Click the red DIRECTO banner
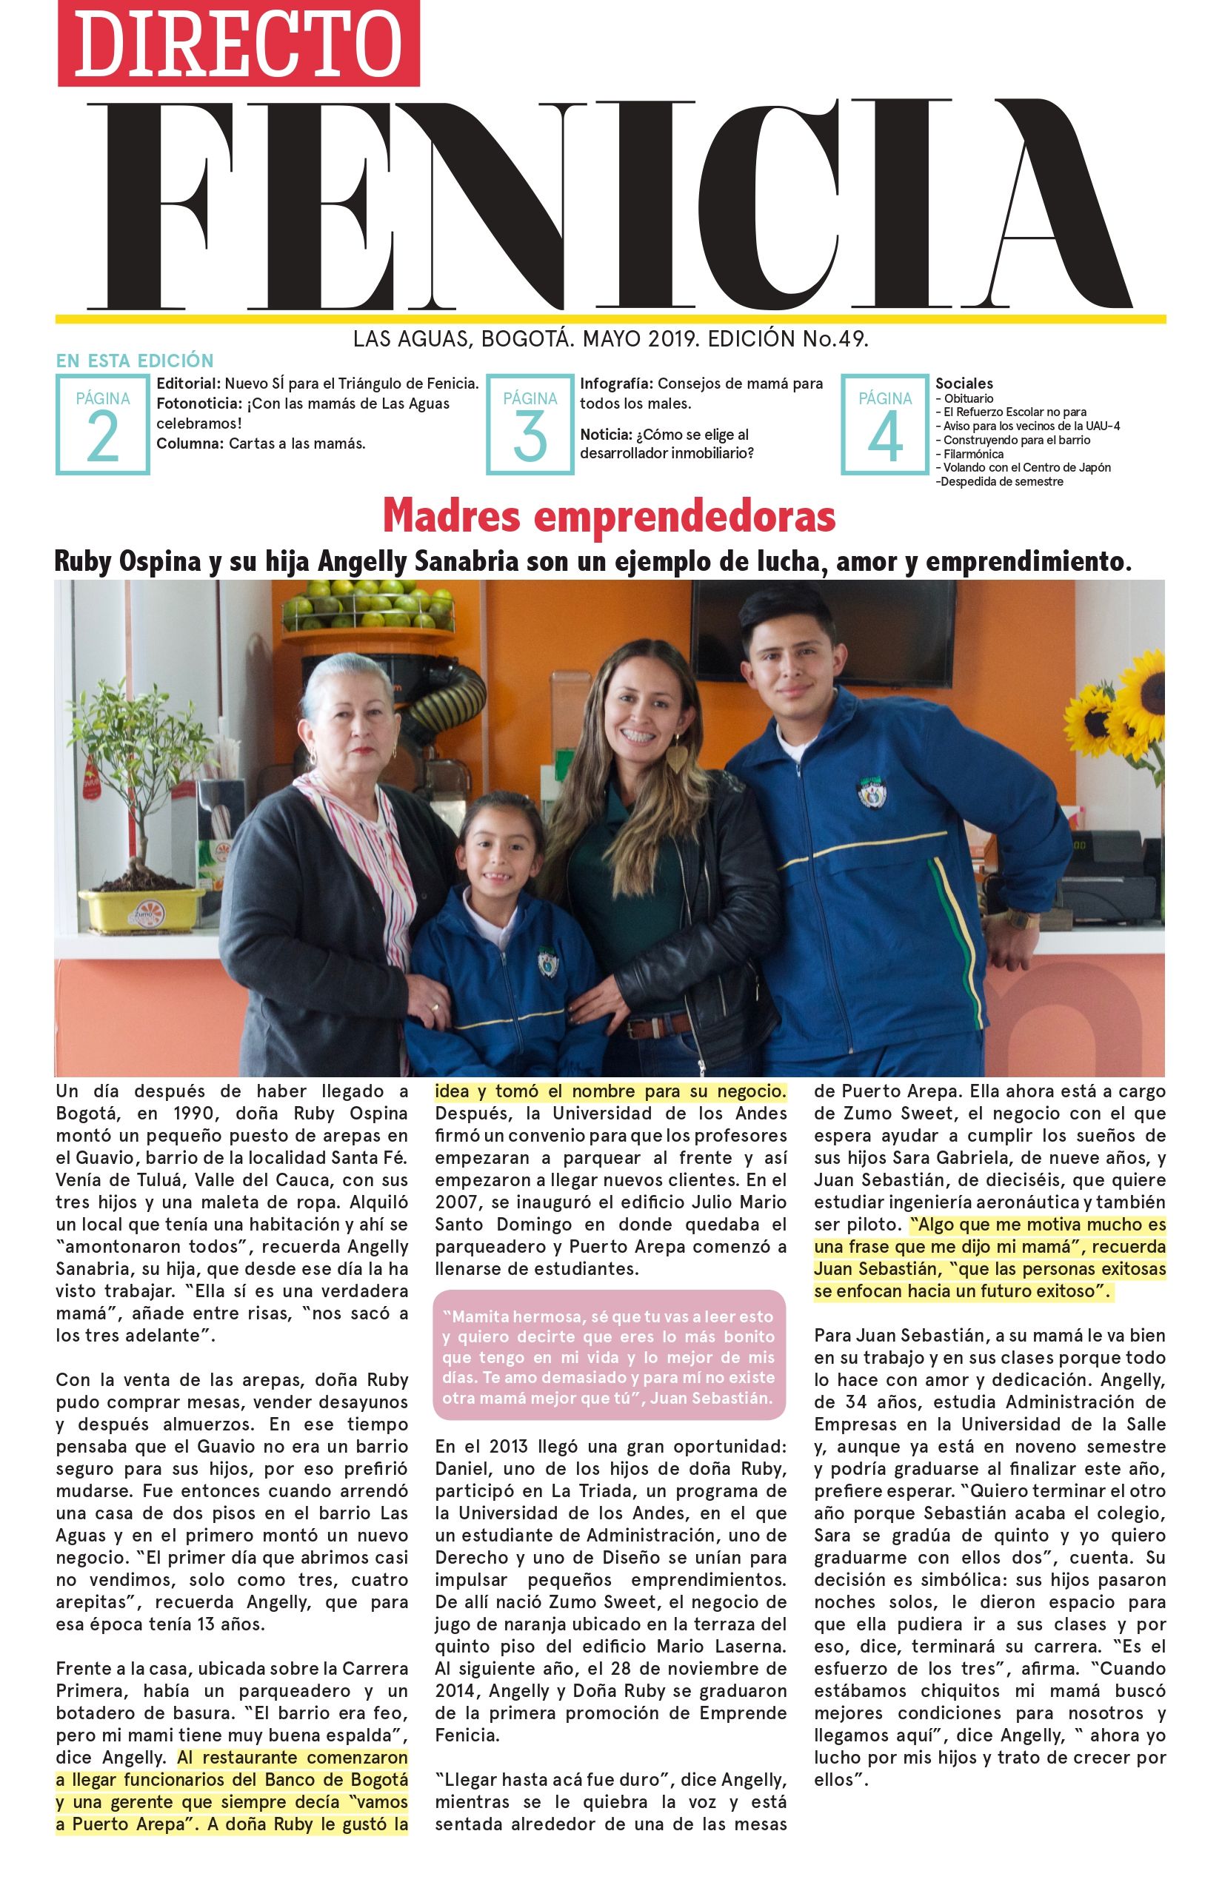coord(238,44)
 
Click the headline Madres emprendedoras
coord(609,517)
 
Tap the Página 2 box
coord(102,424)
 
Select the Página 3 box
coord(530,424)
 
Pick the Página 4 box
coord(884,424)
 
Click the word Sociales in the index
coord(964,384)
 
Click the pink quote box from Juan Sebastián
coord(610,1357)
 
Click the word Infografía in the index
coord(616,384)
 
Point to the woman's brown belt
coord(658,1026)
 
